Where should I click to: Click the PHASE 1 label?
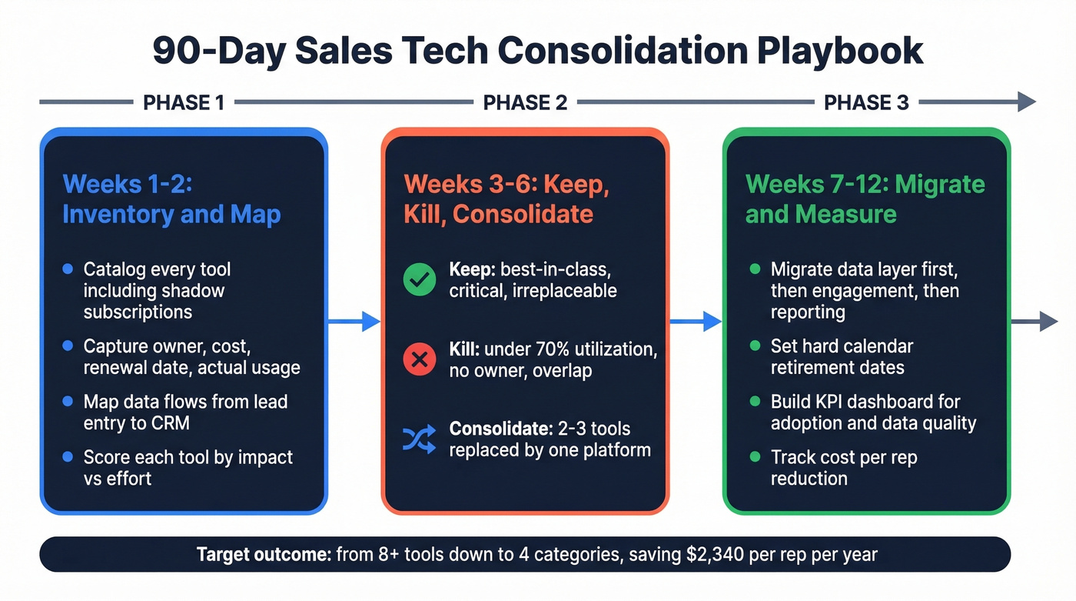point(183,102)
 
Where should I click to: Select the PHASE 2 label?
point(525,102)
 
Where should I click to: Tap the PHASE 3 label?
point(866,102)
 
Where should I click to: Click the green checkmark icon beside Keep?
point(420,281)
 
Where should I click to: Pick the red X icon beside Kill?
point(420,359)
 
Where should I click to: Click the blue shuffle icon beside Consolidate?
point(420,439)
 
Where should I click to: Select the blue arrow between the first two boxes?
point(354,322)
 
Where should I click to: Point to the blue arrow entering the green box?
point(696,322)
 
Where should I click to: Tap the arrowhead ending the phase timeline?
point(1027,102)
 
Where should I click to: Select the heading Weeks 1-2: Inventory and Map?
point(171,199)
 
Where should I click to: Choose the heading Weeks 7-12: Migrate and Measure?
point(865,199)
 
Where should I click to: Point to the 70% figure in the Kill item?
point(549,349)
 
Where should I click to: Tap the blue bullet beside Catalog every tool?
point(68,269)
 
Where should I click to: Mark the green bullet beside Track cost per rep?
point(755,457)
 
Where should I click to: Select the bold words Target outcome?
point(264,554)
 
